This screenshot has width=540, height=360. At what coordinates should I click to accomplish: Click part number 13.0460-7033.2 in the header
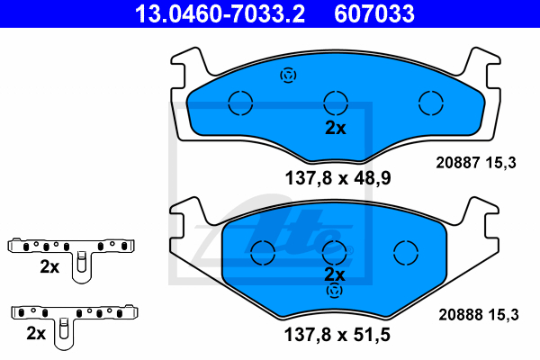coord(220,13)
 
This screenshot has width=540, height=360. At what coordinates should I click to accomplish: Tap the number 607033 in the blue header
coord(374,13)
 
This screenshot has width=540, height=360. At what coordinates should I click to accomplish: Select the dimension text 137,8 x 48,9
coord(337,178)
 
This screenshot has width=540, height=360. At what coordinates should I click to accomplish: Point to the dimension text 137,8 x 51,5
coord(337,335)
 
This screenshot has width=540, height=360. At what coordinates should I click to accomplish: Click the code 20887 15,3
coord(476,163)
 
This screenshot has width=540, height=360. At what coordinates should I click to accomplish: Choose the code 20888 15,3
coord(479,314)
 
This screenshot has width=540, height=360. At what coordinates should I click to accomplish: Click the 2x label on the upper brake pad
coord(336,128)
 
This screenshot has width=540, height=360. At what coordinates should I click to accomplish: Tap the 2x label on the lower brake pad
coord(335,274)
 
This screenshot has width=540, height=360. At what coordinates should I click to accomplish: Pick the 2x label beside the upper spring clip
coord(49,266)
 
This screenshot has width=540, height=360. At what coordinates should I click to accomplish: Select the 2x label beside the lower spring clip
coord(36,333)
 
